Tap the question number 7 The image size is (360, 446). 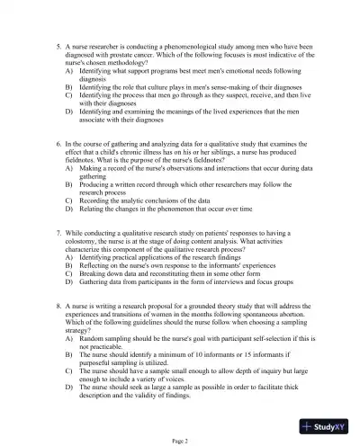pos(56,232)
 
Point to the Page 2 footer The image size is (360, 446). pos(180,439)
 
